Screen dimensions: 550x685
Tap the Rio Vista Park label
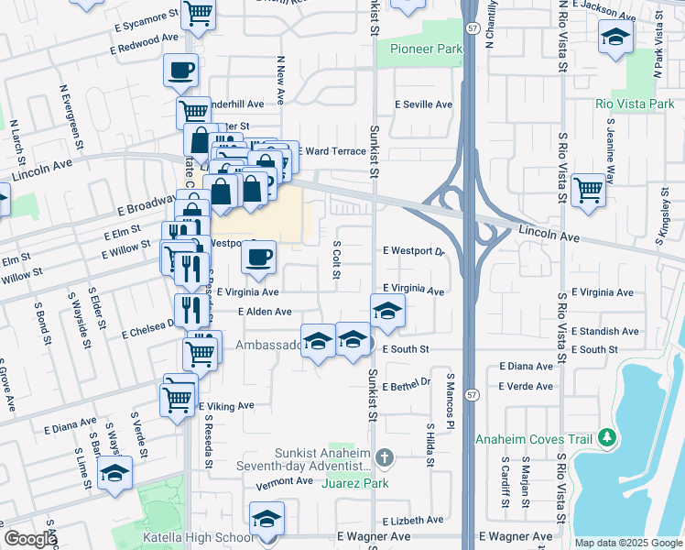pyautogui.click(x=634, y=104)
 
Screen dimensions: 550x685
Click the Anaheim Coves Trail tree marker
pyautogui.click(x=605, y=439)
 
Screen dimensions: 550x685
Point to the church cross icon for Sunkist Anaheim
pyautogui.click(x=385, y=456)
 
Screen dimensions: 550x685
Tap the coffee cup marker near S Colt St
pyautogui.click(x=259, y=257)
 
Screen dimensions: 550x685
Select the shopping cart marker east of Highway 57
pyautogui.click(x=588, y=190)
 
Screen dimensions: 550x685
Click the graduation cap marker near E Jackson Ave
pyautogui.click(x=615, y=37)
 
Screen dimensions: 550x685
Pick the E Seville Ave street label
pyautogui.click(x=423, y=104)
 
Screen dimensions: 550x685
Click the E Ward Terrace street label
pyautogui.click(x=332, y=150)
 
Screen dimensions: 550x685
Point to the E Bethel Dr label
pyautogui.click(x=407, y=387)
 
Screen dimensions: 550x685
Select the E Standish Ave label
pyautogui.click(x=604, y=331)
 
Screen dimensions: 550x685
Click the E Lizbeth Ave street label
pyautogui.click(x=412, y=520)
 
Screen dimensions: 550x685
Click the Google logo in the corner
pyautogui.click(x=30, y=539)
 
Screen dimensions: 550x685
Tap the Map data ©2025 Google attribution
pyautogui.click(x=628, y=543)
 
